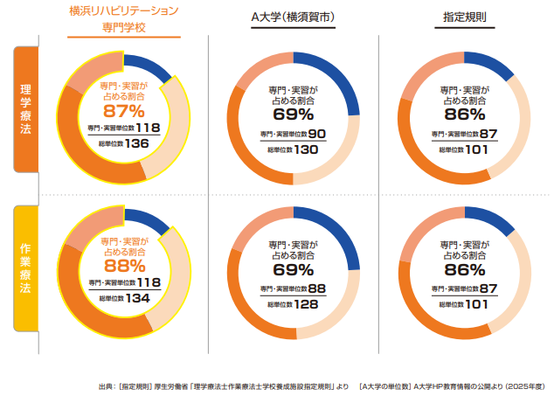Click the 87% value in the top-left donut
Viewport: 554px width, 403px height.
(x=124, y=111)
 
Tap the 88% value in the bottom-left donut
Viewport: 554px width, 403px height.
(x=124, y=266)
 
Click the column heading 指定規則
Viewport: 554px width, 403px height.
(x=464, y=17)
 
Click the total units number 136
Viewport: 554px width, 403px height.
(x=136, y=143)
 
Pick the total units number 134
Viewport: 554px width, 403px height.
(x=136, y=298)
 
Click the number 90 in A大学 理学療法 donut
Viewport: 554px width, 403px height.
(x=316, y=133)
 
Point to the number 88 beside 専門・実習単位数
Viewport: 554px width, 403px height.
(x=316, y=288)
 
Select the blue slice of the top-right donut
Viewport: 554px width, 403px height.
(x=488, y=67)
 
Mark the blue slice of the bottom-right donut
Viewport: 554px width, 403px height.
(x=488, y=222)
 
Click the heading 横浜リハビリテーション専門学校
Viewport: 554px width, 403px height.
(x=124, y=18)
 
